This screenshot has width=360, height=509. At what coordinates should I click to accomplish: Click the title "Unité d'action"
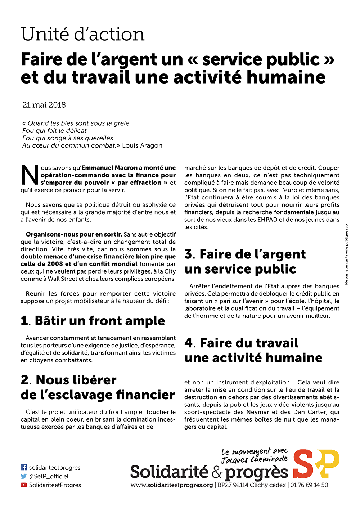pyautogui.click(x=83, y=35)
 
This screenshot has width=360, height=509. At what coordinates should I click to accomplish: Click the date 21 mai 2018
pyautogui.click(x=44, y=105)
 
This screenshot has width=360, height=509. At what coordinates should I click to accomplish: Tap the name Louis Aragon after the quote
pyautogui.click(x=142, y=145)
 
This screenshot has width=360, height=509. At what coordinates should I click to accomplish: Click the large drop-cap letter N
pyautogui.click(x=30, y=176)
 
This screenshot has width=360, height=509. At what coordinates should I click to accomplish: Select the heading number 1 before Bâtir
pyautogui.click(x=24, y=321)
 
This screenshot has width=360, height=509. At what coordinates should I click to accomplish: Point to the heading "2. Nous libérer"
pyautogui.click(x=69, y=380)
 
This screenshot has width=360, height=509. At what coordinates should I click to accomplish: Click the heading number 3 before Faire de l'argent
pyautogui.click(x=189, y=254)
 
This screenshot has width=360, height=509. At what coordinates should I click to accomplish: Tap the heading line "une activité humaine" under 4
pyautogui.click(x=253, y=358)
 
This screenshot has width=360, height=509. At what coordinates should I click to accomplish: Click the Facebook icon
pyautogui.click(x=24, y=468)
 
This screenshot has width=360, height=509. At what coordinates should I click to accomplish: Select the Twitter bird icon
pyautogui.click(x=24, y=476)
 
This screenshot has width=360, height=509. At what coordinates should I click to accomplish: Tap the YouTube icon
pyautogui.click(x=24, y=485)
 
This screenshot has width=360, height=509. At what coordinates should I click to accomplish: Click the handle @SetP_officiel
pyautogui.click(x=49, y=476)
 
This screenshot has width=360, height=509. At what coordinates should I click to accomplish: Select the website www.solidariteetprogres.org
pyautogui.click(x=172, y=485)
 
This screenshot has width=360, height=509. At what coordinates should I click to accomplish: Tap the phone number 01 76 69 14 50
pyautogui.click(x=309, y=485)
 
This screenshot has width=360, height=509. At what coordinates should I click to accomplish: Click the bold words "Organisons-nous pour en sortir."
pyautogui.click(x=74, y=234)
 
